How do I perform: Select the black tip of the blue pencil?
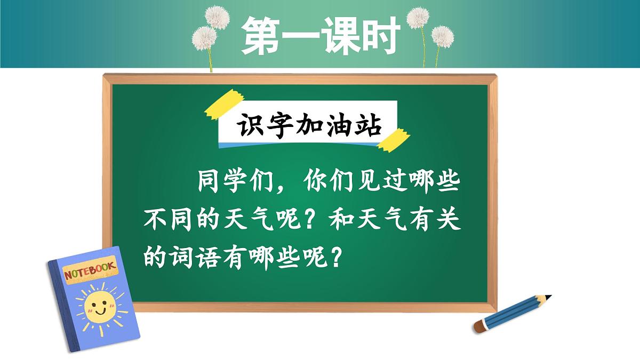pos(548,297)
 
